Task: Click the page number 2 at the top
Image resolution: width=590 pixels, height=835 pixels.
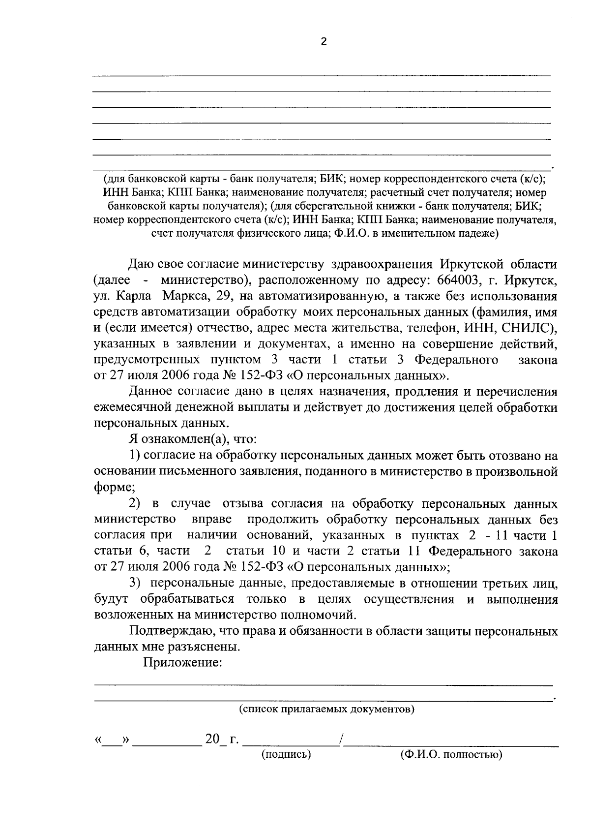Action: coord(323,42)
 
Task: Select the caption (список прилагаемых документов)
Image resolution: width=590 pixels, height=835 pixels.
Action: coord(326,709)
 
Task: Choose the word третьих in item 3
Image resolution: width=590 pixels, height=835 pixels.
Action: coord(502,584)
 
